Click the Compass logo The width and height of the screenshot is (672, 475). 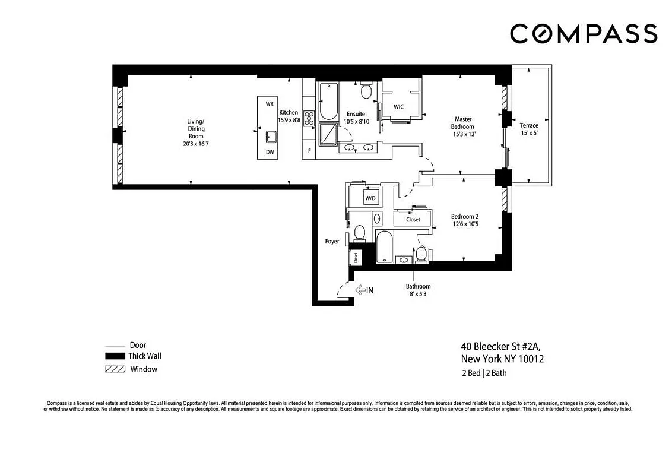coord(583,34)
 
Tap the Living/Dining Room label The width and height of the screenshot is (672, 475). coord(196,132)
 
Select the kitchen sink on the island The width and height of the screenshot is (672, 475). coord(270,137)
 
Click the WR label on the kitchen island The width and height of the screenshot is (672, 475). coord(270,104)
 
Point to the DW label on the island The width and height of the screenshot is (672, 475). coord(270,152)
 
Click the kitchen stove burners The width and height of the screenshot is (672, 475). coord(309,118)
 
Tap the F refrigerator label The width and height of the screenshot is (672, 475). coord(309,151)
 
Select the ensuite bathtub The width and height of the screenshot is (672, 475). coord(327,102)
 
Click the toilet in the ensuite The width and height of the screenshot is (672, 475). coord(366,91)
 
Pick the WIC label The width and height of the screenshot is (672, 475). coord(399,107)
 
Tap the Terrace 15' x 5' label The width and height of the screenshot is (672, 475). coord(529,129)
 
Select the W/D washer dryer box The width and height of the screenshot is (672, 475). coord(370,198)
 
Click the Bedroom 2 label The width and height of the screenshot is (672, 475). coord(465,220)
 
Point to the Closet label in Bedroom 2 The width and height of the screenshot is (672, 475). coord(413,219)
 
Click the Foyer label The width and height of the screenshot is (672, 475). coord(332,242)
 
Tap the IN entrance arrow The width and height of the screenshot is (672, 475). coord(364,290)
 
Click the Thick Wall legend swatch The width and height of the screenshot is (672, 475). coord(115,356)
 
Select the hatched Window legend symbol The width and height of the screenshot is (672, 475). coord(115,369)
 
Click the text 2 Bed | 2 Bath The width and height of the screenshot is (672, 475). coord(484,373)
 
